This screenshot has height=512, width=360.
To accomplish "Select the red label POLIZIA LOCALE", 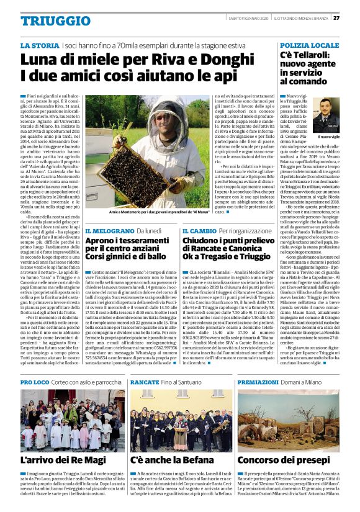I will (x=309, y=46).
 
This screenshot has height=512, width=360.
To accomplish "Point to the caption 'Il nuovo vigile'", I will (x=329, y=137).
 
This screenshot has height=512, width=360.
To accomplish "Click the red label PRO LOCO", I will (x=34, y=382).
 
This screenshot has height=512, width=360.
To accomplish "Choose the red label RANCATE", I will (x=145, y=382).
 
